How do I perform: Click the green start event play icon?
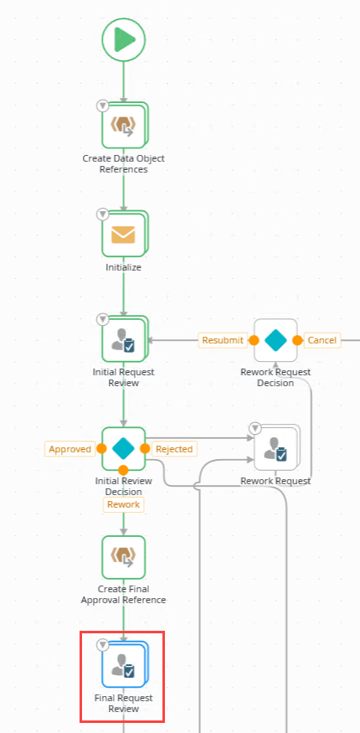(124, 39)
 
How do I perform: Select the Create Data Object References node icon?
(124, 125)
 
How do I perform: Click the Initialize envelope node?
(124, 234)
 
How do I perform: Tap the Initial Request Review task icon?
(124, 340)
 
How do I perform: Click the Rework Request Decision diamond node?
(275, 340)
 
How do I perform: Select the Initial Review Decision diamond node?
(124, 449)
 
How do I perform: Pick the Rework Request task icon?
(275, 450)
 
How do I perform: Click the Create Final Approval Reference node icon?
(124, 557)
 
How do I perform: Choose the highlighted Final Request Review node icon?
(124, 664)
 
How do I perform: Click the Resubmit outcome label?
(223, 340)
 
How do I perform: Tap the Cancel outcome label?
(321, 340)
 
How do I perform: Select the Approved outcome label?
(69, 449)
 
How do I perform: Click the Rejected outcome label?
(174, 449)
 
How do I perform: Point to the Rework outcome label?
(123, 504)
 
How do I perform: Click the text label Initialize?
(123, 267)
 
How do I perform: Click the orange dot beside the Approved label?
(101, 449)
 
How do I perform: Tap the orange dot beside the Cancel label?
(297, 340)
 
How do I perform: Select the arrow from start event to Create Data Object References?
(124, 82)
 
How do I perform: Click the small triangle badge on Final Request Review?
(102, 645)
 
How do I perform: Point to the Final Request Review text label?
(123, 704)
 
